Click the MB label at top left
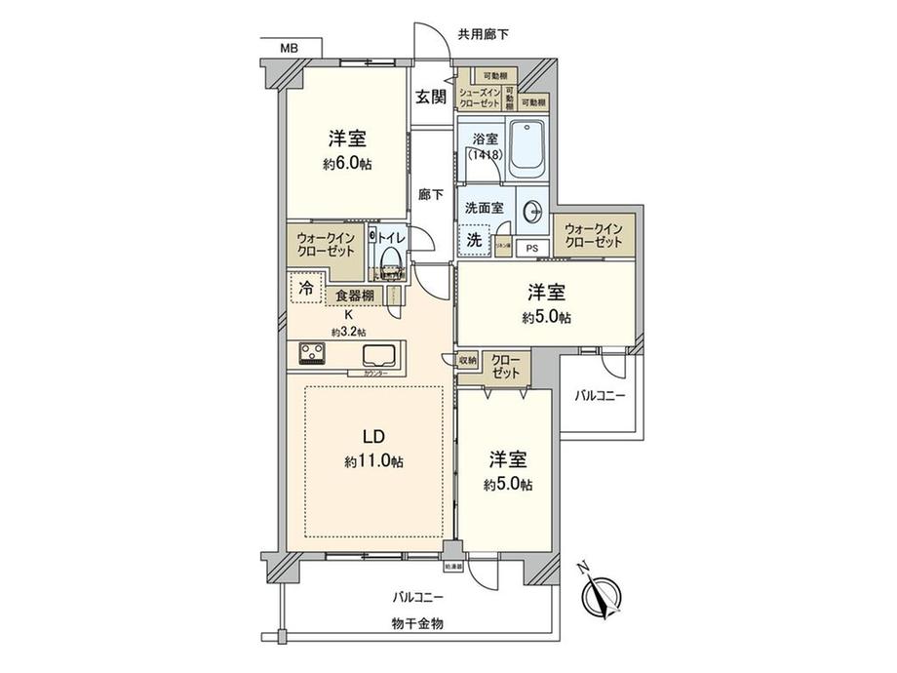(290, 47)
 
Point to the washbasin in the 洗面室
(532, 211)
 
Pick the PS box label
(531, 248)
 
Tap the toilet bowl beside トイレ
(391, 258)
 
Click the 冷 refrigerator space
(307, 289)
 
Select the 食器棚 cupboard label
(354, 296)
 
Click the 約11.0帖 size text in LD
(374, 461)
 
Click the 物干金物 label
(417, 623)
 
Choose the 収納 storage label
(467, 361)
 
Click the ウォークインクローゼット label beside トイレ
(325, 242)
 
